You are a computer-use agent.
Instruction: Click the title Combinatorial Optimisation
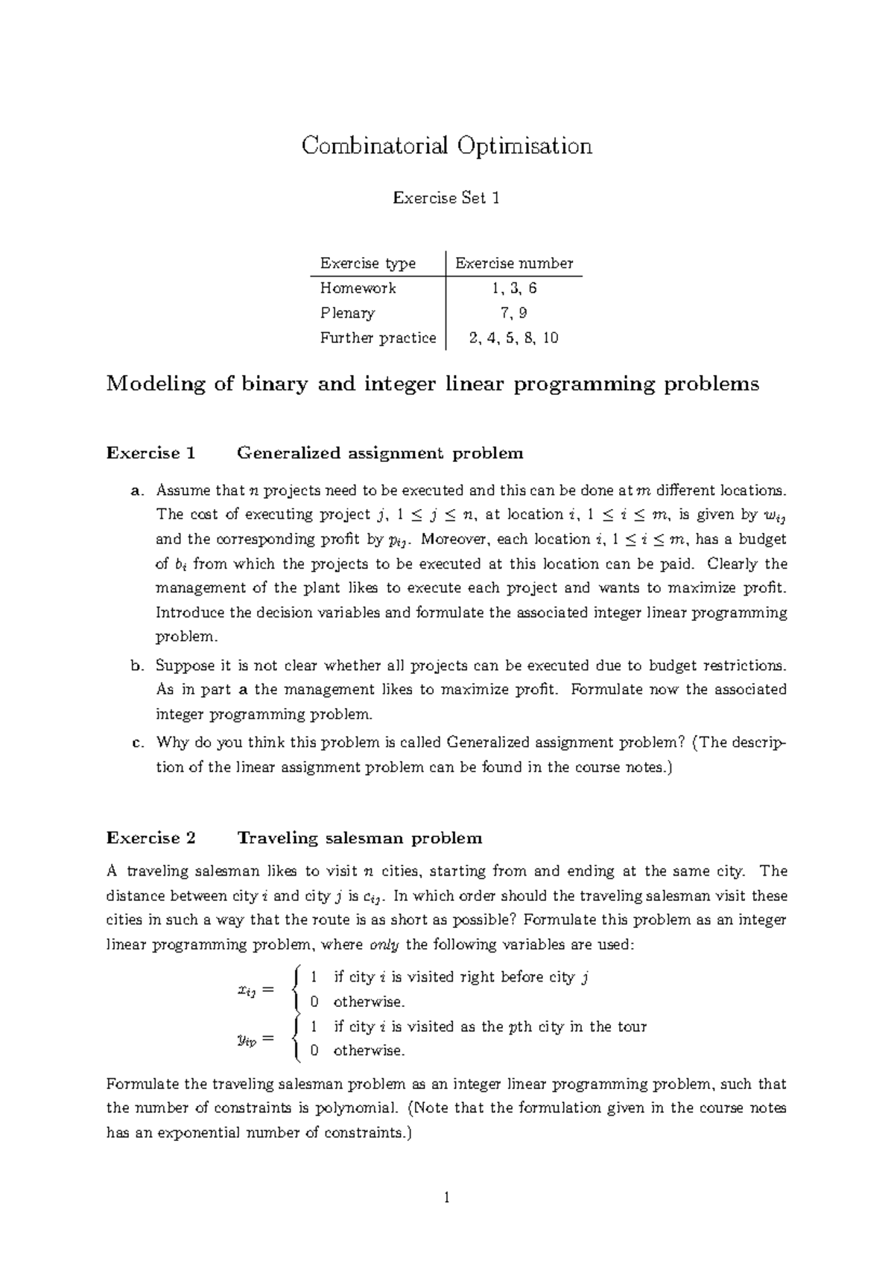446,146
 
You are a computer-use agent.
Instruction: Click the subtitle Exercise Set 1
446,198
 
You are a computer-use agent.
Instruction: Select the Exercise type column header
368,263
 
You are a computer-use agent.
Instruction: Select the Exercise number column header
514,263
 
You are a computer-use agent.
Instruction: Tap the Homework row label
358,288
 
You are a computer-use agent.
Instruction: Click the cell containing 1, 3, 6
514,288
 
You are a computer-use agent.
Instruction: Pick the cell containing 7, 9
514,313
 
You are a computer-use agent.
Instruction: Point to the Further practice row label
378,338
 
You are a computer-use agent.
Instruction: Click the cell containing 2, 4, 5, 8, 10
514,338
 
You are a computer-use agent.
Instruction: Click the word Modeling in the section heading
156,385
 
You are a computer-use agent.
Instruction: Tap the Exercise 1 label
150,453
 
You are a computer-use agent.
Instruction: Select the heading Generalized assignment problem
380,453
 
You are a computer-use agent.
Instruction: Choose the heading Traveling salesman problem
359,838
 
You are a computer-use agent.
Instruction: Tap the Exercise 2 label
150,838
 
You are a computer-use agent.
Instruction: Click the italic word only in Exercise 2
384,945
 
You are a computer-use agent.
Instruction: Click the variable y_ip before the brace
247,1040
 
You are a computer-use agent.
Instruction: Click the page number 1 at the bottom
447,1198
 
